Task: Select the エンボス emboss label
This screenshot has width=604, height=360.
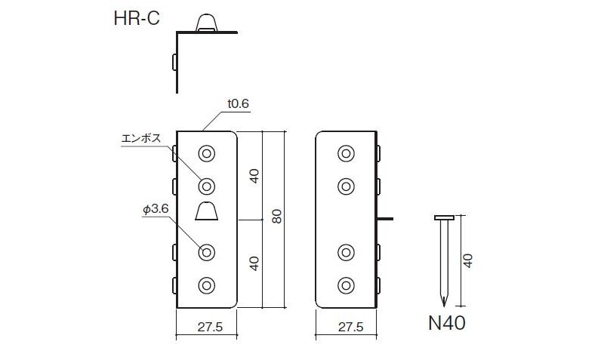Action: (x=140, y=140)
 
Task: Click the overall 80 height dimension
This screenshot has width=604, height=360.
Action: (x=276, y=217)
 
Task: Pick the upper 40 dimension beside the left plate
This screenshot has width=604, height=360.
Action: (x=254, y=175)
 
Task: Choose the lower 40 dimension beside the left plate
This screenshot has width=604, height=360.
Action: (x=254, y=263)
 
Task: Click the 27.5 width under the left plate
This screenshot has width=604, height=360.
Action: (x=206, y=327)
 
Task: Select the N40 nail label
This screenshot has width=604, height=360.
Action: (x=446, y=325)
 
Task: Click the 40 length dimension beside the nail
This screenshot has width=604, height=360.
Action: (x=468, y=261)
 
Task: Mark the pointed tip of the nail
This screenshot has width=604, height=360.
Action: (x=444, y=301)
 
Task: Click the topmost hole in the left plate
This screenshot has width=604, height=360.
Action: (x=206, y=153)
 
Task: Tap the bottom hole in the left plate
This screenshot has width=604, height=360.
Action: (x=206, y=285)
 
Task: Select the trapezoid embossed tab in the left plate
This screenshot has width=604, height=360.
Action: (x=206, y=211)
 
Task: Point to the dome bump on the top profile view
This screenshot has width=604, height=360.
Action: (x=206, y=23)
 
